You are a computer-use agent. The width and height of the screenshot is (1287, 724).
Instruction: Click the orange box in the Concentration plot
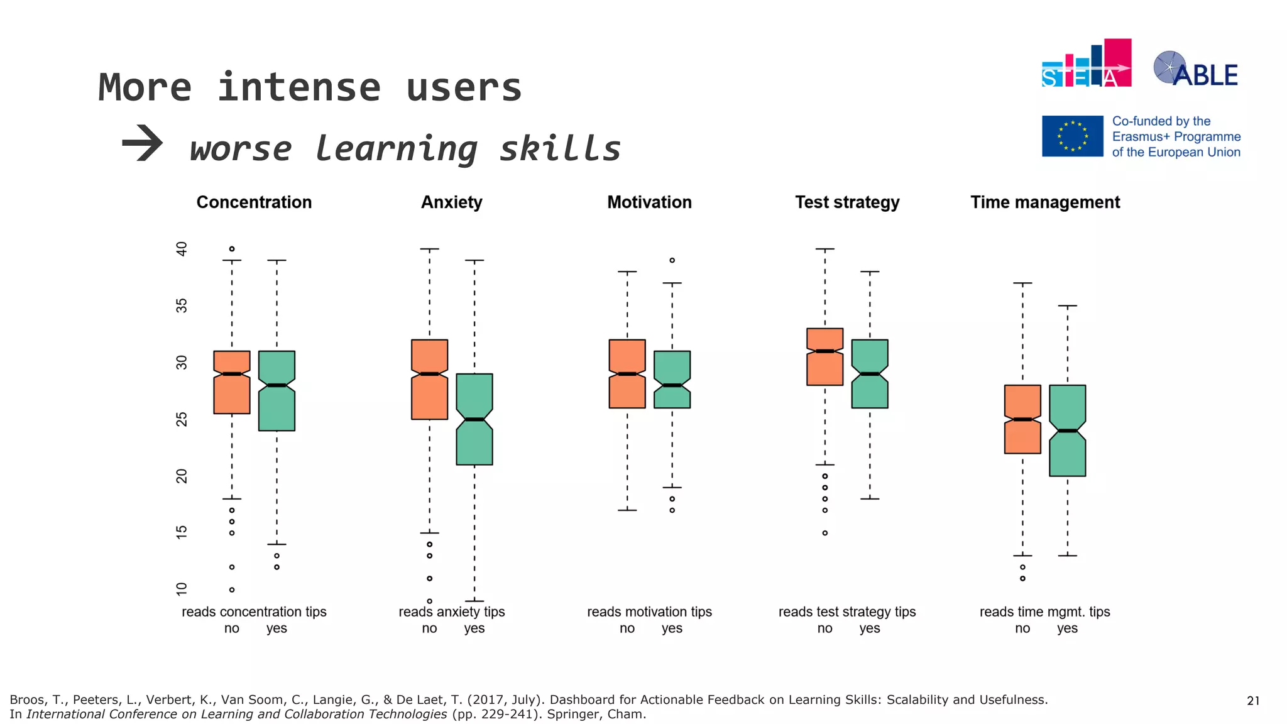232,382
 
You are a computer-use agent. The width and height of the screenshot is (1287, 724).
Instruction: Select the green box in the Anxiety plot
474,419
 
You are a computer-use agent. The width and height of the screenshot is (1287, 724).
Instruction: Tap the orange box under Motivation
627,374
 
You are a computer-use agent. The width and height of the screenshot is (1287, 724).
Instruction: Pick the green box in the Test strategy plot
870,374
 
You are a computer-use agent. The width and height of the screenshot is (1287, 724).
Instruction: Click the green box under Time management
1067,431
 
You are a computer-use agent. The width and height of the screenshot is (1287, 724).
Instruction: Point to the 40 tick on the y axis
182,249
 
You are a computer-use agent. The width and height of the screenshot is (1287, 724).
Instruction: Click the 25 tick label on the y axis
182,419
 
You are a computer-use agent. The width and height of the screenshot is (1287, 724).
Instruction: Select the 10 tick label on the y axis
182,589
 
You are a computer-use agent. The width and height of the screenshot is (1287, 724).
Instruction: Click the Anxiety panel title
451,202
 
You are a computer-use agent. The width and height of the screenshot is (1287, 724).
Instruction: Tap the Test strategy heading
847,202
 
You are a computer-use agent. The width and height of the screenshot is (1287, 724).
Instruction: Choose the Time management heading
1045,202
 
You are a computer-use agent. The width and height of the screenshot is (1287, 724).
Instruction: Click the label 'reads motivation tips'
649,612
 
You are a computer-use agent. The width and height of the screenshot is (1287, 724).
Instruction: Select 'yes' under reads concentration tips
277,628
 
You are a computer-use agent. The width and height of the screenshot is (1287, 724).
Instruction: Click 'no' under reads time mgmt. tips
1022,628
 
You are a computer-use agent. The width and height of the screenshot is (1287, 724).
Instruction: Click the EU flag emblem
1072,136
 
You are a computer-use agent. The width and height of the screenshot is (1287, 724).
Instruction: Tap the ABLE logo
1195,69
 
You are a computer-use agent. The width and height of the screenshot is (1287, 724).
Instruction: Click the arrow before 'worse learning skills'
143,143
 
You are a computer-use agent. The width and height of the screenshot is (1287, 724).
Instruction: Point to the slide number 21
1253,701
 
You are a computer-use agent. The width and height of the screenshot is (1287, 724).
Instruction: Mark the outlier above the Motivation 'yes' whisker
672,260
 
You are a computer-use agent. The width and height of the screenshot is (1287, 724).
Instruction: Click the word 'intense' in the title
299,87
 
